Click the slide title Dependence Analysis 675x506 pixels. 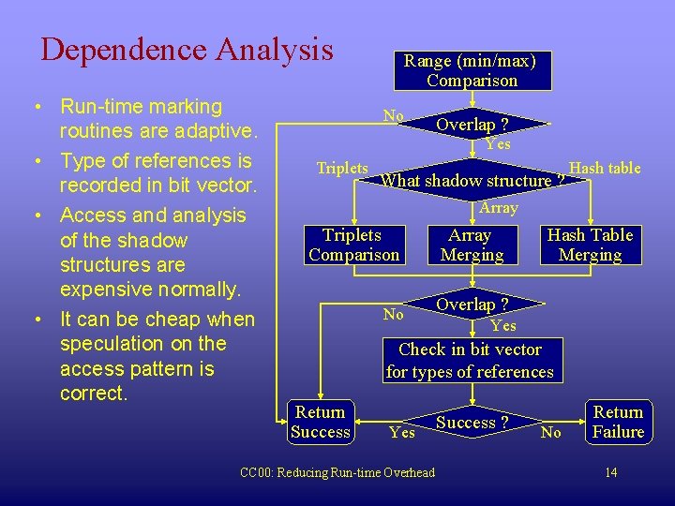(x=187, y=49)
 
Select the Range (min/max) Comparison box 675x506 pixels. (x=471, y=71)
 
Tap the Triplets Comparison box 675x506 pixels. (x=353, y=245)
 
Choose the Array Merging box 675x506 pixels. (x=471, y=245)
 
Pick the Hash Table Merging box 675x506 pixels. (x=590, y=245)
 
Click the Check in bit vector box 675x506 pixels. (x=470, y=361)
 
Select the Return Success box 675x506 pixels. (x=320, y=422)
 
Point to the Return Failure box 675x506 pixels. (x=618, y=422)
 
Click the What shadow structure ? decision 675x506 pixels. (x=472, y=181)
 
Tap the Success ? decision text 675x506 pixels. (x=472, y=423)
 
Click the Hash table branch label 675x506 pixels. (x=605, y=168)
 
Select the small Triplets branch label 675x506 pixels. (x=342, y=168)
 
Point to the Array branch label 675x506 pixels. (x=498, y=207)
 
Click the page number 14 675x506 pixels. (x=611, y=472)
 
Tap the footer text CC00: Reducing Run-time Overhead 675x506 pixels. (x=337, y=472)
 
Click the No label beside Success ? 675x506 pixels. (x=551, y=432)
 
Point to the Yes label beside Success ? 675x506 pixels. (x=402, y=432)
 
